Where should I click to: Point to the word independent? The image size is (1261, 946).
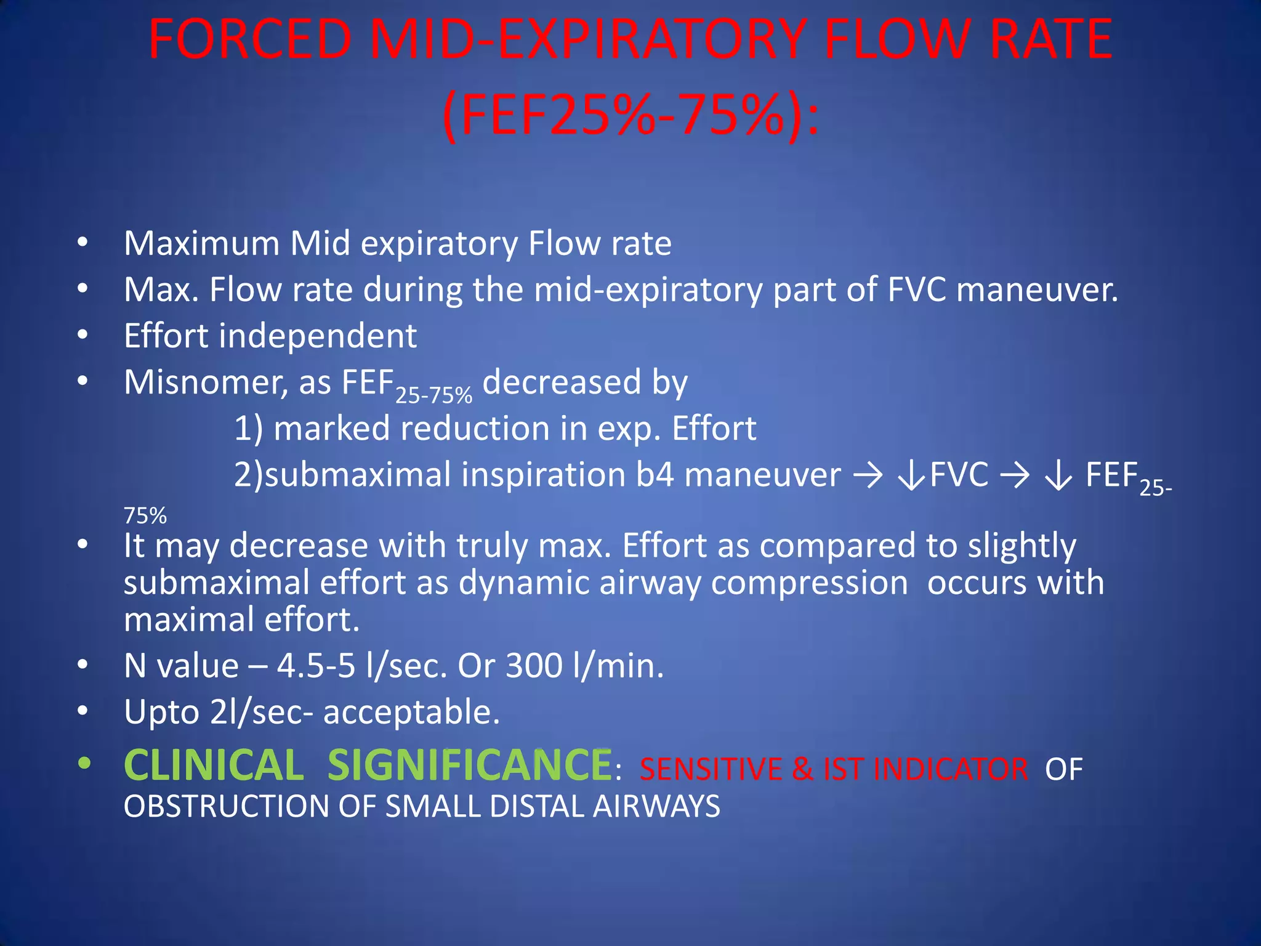[318, 336]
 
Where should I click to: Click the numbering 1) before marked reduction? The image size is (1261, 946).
[248, 429]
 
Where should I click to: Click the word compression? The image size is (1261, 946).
[809, 584]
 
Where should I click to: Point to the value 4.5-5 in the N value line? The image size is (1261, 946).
[316, 666]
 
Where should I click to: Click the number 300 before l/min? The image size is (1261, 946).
[534, 666]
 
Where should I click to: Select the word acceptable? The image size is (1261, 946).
[411, 713]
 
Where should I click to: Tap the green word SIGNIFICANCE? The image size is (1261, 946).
[469, 766]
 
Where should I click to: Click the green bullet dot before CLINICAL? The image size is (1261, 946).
[84, 764]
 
